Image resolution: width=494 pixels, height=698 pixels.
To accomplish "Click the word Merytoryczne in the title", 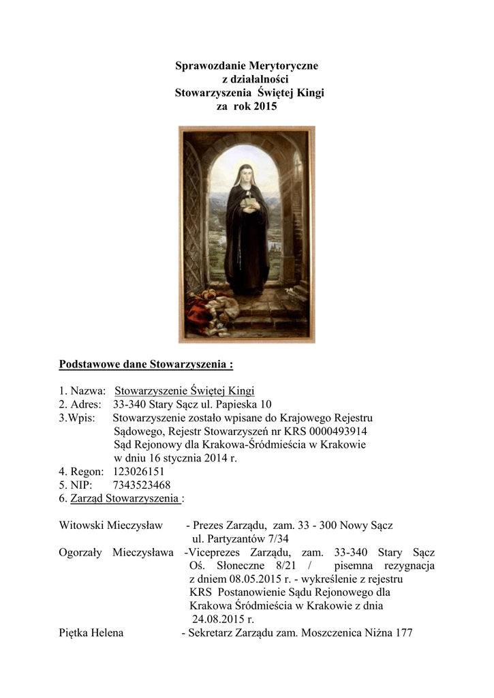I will tap(279, 66).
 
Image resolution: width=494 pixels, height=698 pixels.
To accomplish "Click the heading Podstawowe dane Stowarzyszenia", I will tap(145, 364).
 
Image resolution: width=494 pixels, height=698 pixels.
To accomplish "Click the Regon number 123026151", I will tap(135, 471).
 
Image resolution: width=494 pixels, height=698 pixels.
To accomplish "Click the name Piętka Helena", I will tap(91, 633).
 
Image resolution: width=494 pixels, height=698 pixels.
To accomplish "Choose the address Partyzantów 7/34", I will tap(238, 538).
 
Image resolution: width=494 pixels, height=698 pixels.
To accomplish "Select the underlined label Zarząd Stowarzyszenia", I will tap(125, 498).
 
